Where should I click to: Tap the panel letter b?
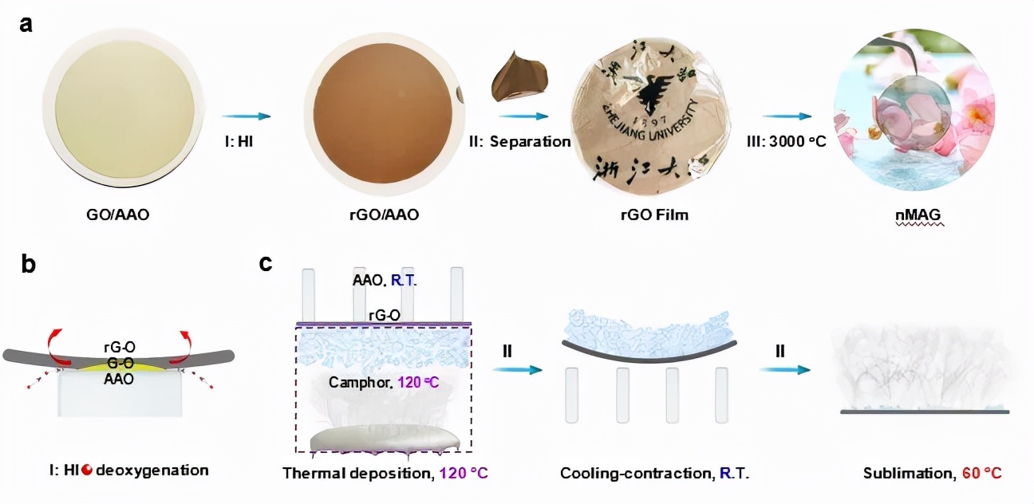pyautogui.click(x=28, y=265)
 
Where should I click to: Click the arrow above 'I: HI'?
pyautogui.click(x=247, y=116)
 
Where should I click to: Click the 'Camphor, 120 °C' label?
pyautogui.click(x=383, y=383)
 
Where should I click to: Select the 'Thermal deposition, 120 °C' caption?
pyautogui.click(x=385, y=473)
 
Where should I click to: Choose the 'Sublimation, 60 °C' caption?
pyautogui.click(x=932, y=473)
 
